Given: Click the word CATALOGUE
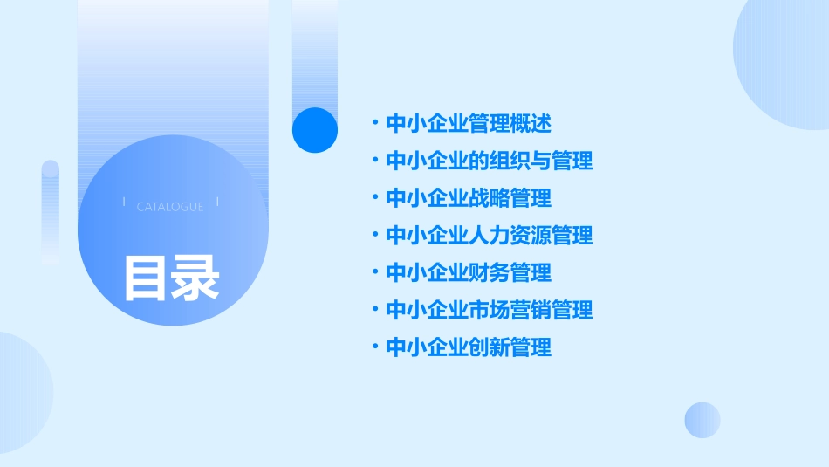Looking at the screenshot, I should click(x=170, y=207).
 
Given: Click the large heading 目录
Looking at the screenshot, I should click(x=171, y=278).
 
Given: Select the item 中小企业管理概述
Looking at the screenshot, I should click(x=469, y=123).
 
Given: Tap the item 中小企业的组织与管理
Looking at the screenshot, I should click(x=489, y=161).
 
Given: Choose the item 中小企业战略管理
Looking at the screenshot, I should click(x=469, y=198).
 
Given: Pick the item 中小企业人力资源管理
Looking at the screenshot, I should click(x=489, y=235).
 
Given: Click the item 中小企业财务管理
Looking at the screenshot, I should click(x=469, y=272).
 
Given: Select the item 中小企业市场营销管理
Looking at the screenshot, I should click(x=489, y=310).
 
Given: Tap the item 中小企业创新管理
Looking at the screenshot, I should click(x=469, y=347).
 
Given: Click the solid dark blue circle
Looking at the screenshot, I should click(x=315, y=130).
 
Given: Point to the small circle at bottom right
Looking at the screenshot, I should click(x=702, y=420).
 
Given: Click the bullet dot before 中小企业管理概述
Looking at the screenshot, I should click(x=374, y=124).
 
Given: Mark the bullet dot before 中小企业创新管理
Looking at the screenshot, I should click(x=374, y=348).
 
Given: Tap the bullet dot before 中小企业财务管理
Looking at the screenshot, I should click(x=374, y=273).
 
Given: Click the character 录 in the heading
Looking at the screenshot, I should click(x=195, y=278).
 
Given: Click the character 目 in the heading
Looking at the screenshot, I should click(x=146, y=278).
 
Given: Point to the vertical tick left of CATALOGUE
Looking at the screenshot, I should click(x=124, y=203).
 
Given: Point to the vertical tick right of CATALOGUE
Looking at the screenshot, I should click(x=217, y=203).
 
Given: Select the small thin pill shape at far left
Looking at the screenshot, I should click(x=51, y=212).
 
